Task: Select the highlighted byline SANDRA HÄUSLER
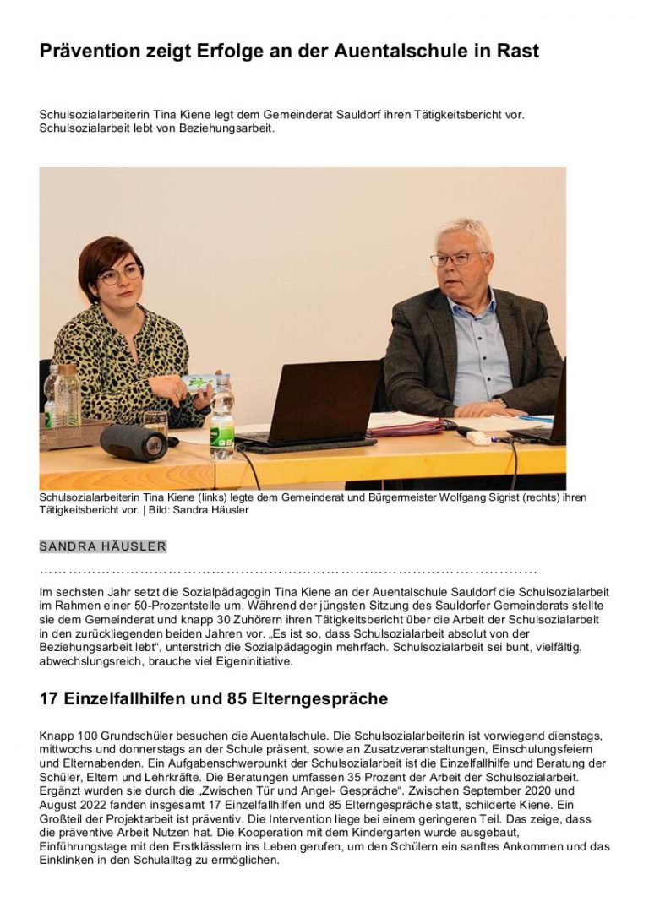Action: click(x=103, y=546)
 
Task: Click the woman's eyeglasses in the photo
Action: click(x=120, y=274)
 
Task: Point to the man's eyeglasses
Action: click(x=457, y=258)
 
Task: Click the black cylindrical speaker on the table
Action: click(x=134, y=442)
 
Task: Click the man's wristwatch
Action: click(x=500, y=402)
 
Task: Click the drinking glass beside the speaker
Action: click(x=156, y=421)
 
